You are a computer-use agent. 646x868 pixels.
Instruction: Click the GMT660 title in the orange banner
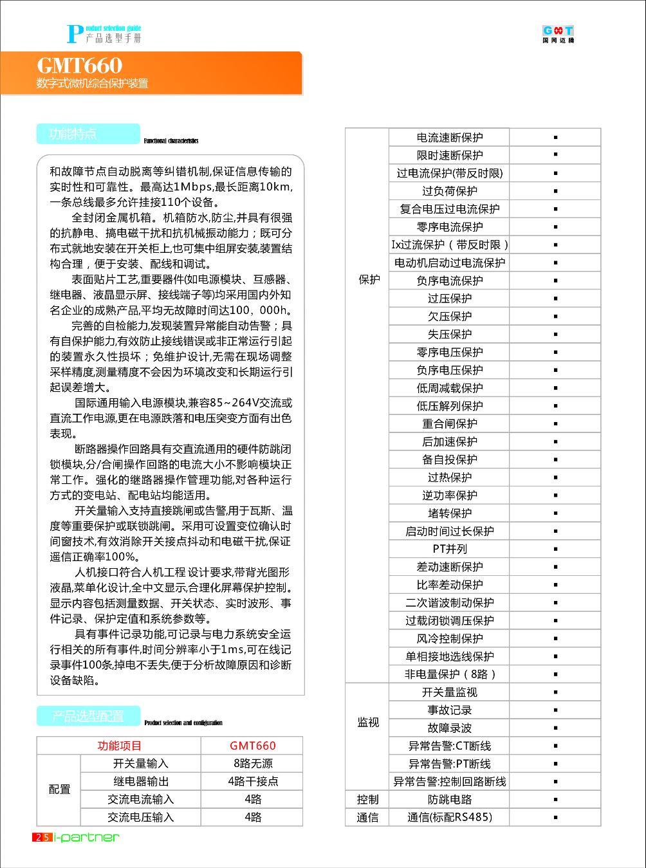(79, 66)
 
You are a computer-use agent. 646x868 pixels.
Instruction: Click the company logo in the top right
(558, 34)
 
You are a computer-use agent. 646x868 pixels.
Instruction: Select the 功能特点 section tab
(73, 134)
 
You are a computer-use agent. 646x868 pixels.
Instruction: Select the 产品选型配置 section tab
(88, 716)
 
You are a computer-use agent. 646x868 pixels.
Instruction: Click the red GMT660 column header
(252, 746)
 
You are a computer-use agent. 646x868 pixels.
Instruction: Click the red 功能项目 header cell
(119, 746)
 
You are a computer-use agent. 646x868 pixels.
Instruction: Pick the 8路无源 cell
(252, 764)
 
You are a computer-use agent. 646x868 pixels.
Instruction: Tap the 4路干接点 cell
(252, 781)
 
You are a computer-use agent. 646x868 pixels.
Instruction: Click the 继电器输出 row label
(141, 781)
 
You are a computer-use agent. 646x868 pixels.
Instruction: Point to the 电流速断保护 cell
(449, 138)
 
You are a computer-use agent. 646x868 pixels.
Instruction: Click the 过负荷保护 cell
(449, 191)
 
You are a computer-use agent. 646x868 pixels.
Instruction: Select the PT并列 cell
(449, 549)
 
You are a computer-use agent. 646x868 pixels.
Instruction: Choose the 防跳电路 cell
(449, 800)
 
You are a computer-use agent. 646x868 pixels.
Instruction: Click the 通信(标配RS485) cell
(449, 817)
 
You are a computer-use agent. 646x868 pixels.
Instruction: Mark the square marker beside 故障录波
(555, 728)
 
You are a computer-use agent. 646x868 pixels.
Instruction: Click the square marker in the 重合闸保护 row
(555, 424)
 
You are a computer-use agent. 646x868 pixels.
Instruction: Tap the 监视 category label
(367, 723)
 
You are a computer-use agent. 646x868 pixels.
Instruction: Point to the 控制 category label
(367, 800)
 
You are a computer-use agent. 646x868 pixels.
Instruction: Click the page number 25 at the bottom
(42, 837)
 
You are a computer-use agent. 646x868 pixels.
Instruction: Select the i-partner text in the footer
(87, 837)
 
